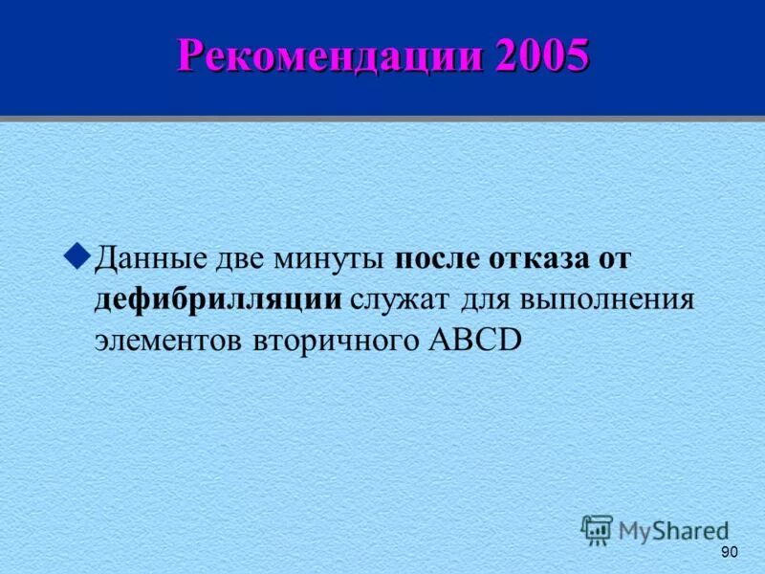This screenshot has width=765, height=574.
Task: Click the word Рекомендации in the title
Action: (329, 56)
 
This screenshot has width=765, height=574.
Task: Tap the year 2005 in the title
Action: (541, 56)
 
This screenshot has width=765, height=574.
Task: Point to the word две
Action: (240, 259)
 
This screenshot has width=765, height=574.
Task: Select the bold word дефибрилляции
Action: (218, 300)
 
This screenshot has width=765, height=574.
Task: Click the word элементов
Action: (162, 342)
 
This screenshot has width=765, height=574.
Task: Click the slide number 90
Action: (730, 553)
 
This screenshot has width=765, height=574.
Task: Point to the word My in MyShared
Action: (634, 531)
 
